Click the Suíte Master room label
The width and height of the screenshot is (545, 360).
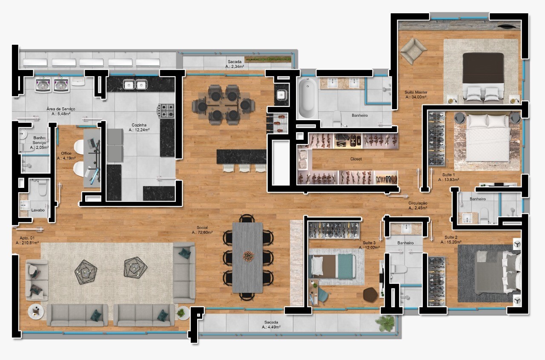tap(416, 92)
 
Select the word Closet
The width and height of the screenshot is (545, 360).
tap(356, 159)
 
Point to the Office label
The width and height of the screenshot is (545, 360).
tap(66, 153)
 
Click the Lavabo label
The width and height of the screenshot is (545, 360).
tap(38, 210)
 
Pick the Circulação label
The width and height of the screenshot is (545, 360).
tap(418, 203)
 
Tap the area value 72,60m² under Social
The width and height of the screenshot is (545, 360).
tap(202, 233)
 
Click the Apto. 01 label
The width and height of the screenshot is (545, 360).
tap(27, 238)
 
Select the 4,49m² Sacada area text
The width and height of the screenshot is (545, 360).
tap(271, 327)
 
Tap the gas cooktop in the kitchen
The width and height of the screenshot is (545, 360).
tap(166, 111)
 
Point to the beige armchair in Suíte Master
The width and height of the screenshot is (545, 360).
tap(413, 51)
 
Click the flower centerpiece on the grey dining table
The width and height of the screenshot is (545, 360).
tap(248, 256)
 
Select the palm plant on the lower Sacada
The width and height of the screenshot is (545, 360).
tap(385, 323)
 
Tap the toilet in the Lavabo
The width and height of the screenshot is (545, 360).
tap(42, 187)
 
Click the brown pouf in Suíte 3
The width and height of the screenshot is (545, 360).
tap(370, 294)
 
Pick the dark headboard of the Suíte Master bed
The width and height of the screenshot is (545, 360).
tap(483, 68)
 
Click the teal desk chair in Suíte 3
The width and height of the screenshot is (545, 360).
tap(323, 295)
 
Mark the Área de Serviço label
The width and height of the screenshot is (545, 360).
tap(61, 109)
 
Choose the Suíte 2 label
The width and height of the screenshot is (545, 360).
tap(451, 237)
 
